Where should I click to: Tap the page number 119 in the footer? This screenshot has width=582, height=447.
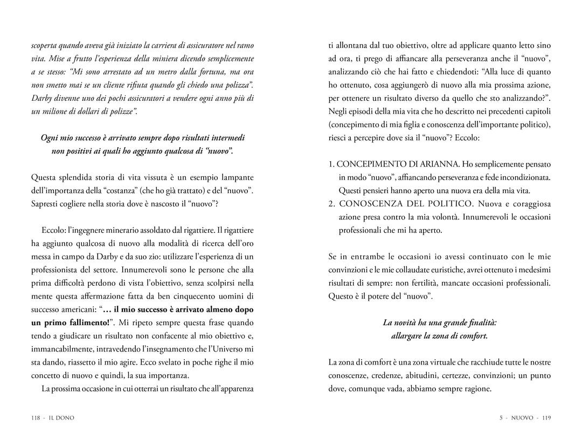(546, 417)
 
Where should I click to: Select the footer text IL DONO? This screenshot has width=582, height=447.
(61, 417)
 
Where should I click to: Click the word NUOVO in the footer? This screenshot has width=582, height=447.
(522, 417)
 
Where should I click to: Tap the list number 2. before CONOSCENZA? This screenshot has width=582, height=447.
(332, 204)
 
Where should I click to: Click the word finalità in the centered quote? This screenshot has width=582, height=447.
(480, 322)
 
